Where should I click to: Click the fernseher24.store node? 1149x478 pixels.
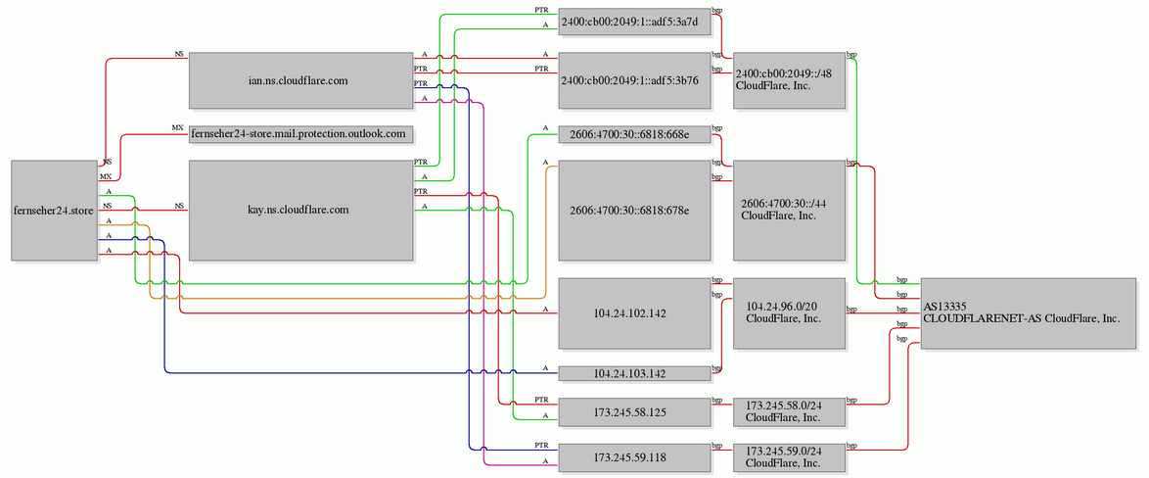pos(54,211)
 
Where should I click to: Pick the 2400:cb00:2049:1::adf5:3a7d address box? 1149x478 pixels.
pos(634,22)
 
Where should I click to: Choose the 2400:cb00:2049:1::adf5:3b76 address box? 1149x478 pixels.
pos(634,80)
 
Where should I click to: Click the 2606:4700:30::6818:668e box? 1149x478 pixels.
pos(634,134)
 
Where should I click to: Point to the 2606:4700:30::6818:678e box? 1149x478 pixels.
pos(634,211)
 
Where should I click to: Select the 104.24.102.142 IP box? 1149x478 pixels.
pos(634,313)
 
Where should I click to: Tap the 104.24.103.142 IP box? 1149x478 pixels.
pos(634,373)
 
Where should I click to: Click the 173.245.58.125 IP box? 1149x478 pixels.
pos(634,411)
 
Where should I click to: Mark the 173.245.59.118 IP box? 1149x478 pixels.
pos(634,457)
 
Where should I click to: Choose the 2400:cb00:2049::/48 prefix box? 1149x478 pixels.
pos(789,80)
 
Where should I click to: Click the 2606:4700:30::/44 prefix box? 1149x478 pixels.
pos(789,211)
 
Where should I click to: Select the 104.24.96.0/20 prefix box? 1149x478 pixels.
pos(789,313)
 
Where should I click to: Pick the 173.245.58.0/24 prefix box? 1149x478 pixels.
pos(789,411)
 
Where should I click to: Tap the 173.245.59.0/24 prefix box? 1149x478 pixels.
pos(789,457)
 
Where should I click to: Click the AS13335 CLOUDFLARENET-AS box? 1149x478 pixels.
pos(1028,313)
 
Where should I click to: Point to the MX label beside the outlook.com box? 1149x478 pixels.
pos(177,127)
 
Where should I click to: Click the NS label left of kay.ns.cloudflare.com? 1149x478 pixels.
pos(179,206)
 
